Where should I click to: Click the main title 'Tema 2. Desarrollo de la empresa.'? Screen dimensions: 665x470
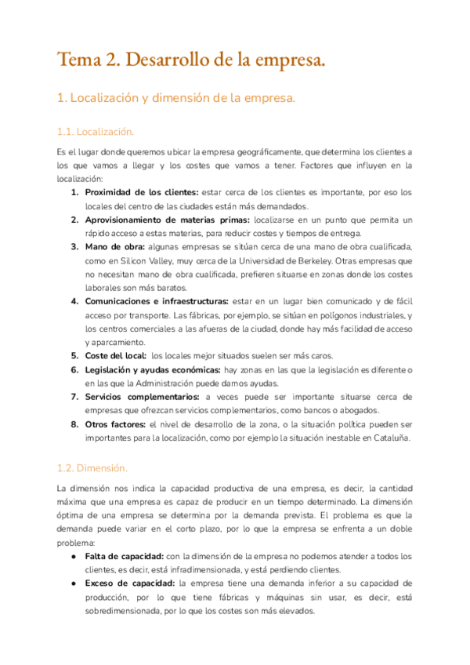[x=191, y=59]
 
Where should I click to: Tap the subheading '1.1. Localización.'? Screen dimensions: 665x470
[x=96, y=131]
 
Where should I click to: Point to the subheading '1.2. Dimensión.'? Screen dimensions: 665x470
[x=92, y=468]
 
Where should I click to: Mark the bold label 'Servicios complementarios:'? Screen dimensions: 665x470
[x=142, y=397]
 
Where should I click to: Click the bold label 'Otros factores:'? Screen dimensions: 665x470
[x=115, y=424]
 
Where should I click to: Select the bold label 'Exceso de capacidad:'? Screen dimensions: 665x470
[x=128, y=583]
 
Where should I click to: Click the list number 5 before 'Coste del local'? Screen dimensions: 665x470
[x=74, y=356]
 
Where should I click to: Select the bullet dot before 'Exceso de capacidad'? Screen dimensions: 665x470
[x=73, y=583]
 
